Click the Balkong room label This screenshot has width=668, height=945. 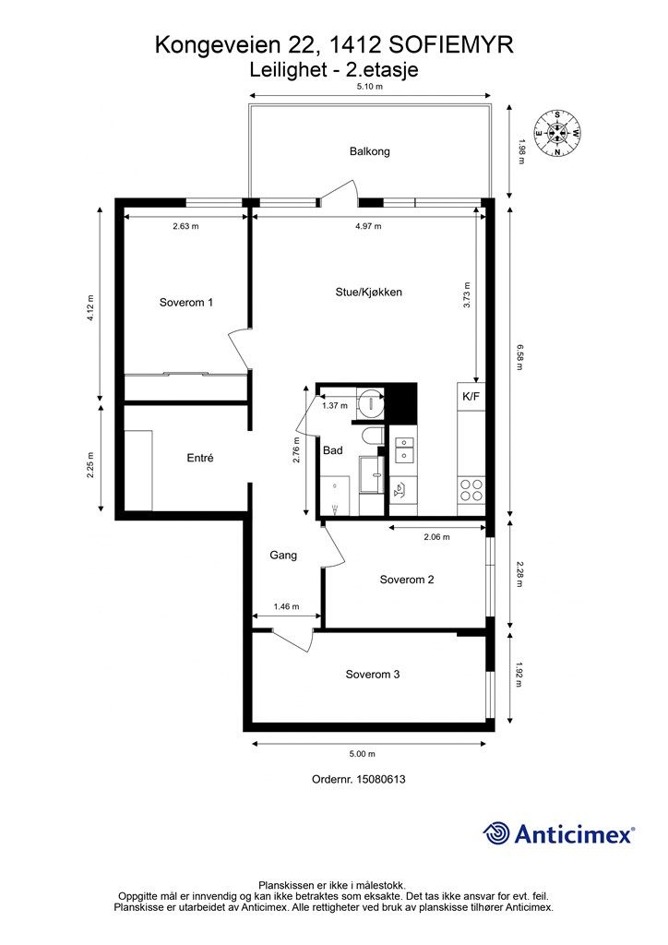point(369,151)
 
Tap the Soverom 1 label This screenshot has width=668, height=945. point(186,303)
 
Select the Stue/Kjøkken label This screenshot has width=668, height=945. point(369,293)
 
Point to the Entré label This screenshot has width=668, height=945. point(200,458)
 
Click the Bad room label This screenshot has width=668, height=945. point(332,450)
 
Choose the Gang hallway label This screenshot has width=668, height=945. point(283,555)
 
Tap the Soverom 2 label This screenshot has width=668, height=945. point(407,580)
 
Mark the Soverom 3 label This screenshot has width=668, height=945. point(372,675)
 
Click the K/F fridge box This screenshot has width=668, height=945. point(471,397)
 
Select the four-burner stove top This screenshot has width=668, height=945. point(471,489)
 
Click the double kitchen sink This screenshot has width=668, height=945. point(403,450)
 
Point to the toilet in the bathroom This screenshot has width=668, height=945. point(374,437)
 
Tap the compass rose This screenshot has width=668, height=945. point(558,133)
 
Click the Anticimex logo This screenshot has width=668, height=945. point(558,833)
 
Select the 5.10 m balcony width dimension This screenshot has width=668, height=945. point(370,86)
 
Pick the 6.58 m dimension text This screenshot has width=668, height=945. point(519,357)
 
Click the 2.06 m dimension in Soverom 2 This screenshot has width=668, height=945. point(436,537)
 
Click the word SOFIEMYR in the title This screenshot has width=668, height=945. point(451,44)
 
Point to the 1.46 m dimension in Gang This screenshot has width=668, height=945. point(286,607)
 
